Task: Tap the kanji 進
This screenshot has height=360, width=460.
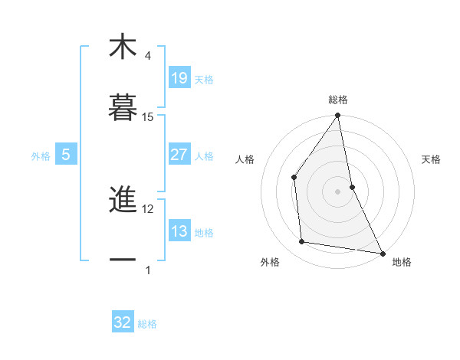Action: [x=123, y=200]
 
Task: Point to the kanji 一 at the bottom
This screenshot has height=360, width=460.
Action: [x=123, y=260]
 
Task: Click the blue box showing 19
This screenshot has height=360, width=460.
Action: [x=179, y=77]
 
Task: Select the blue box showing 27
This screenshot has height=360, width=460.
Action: [x=179, y=155]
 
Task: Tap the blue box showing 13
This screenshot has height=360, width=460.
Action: [x=179, y=232]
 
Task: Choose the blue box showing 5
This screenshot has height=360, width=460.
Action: [x=66, y=155]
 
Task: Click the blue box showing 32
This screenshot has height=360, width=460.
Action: [x=123, y=322]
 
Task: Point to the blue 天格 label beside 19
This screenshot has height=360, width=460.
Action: [x=204, y=79]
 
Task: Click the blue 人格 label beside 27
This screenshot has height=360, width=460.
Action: [x=204, y=156]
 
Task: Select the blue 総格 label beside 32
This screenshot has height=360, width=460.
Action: [x=147, y=324]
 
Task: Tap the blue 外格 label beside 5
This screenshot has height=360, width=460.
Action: [x=41, y=156]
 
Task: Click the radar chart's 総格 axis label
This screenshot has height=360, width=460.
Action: [x=337, y=100]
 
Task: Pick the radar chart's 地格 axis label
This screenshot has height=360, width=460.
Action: [x=402, y=262]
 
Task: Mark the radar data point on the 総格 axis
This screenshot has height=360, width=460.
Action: [x=337, y=116]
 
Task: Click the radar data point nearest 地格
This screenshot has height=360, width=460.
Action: [x=382, y=253]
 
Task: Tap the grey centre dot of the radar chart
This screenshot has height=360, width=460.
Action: [x=337, y=191]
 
